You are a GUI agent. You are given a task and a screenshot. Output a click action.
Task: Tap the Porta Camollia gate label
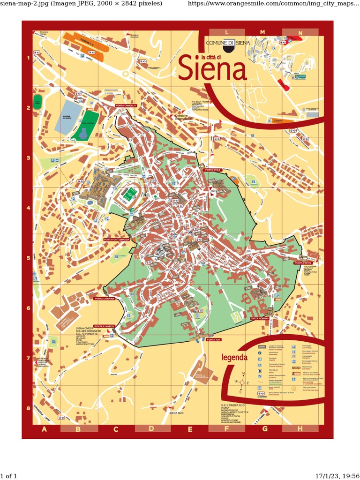pos(126,105)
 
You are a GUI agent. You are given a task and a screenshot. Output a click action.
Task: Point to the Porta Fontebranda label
pos(116,240)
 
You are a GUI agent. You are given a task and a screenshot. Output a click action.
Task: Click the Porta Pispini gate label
pos(303,263)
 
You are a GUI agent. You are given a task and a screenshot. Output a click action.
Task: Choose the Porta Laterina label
pos(104,299)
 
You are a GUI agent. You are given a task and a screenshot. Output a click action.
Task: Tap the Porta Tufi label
pos(213,339)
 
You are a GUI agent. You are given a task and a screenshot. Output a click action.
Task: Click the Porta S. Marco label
pos(104,326)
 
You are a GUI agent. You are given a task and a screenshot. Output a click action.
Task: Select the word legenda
pos(234,358)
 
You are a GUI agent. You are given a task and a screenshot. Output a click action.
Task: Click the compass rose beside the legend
pos(242,382)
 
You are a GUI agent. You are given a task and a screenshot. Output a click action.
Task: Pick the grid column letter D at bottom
pos(151,428)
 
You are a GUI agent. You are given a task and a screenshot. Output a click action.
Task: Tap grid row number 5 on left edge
pos(28,258)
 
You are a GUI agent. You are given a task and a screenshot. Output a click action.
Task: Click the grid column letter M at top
pos(262,32)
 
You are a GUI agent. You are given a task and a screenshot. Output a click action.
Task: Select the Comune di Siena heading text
pos(228,43)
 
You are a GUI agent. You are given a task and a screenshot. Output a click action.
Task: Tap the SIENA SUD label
pos(176,413)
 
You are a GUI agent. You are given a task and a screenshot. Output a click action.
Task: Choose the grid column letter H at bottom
pos(300,428)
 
